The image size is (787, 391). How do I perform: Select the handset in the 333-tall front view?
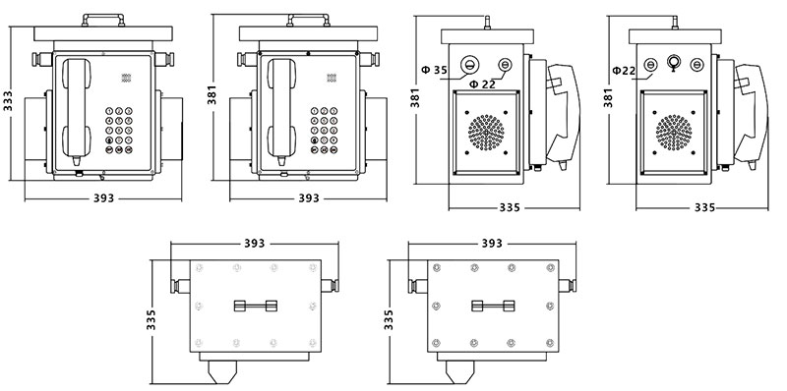[77, 111]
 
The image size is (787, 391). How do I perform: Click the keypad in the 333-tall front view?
[119, 130]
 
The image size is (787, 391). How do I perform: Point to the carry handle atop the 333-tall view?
[103, 20]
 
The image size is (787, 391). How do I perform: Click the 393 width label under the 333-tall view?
[103, 198]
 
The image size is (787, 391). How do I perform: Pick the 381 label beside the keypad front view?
[212, 95]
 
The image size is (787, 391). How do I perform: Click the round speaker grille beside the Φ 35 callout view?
[486, 133]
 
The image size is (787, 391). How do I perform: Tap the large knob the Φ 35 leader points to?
[470, 64]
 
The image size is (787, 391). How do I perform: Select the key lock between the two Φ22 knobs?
[673, 62]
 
